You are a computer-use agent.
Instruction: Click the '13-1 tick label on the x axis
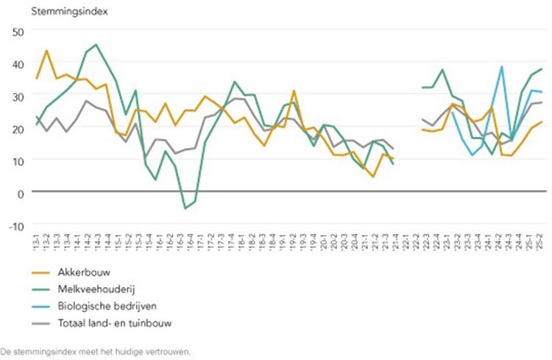point(36,240)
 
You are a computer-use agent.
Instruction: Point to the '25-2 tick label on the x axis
point(542,240)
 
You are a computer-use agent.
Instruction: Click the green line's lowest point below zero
point(185,209)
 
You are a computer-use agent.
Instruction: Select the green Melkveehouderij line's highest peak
point(96,45)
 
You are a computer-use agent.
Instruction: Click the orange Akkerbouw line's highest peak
point(47,51)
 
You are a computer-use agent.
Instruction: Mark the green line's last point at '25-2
point(542,69)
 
